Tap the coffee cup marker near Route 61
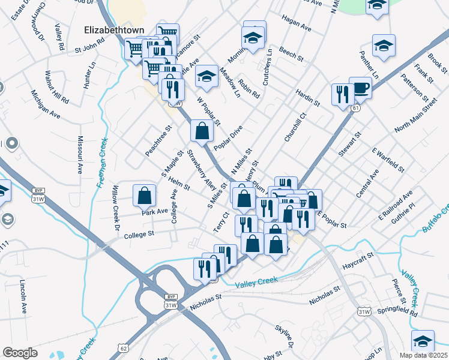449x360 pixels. point(360,88)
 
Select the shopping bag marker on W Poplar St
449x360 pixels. point(202,130)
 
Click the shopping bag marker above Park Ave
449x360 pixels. point(144,195)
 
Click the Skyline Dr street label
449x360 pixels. point(284,336)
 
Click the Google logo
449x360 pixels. point(20,352)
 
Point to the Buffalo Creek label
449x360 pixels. point(436,219)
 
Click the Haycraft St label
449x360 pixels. point(358,258)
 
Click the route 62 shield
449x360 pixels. point(124,348)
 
